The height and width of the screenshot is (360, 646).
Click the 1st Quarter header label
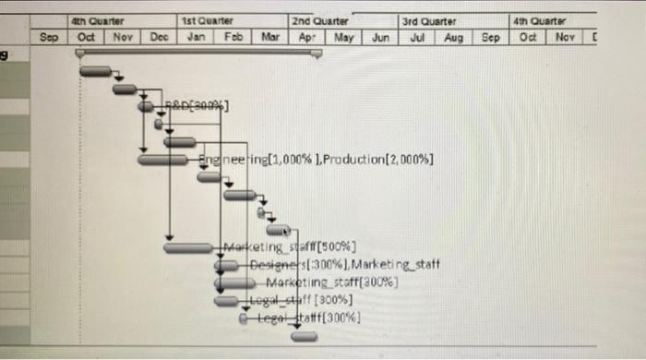click(x=208, y=19)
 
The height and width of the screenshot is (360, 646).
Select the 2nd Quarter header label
click(x=319, y=19)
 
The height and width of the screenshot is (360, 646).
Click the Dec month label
click(x=159, y=37)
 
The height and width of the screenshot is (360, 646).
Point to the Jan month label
click(x=196, y=37)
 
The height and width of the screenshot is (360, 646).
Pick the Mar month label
click(x=269, y=37)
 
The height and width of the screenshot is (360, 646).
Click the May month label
click(x=343, y=37)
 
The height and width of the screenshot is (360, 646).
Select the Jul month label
click(x=417, y=37)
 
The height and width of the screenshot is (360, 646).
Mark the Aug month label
click(x=453, y=37)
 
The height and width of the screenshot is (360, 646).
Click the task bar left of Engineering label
click(x=162, y=160)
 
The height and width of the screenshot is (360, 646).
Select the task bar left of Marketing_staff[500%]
click(x=188, y=247)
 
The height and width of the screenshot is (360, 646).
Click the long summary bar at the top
click(x=198, y=54)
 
